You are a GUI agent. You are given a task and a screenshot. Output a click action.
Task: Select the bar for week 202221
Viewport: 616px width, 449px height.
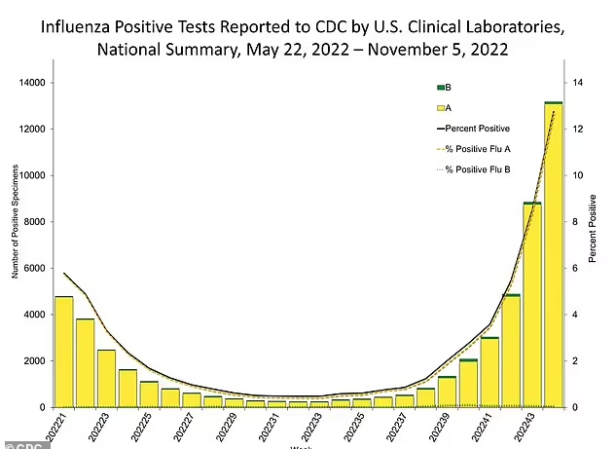[63, 352]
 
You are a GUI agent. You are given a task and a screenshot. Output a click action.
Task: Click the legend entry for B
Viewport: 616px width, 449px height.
[442, 87]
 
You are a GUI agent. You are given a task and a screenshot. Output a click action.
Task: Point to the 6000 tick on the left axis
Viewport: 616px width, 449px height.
[36, 268]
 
